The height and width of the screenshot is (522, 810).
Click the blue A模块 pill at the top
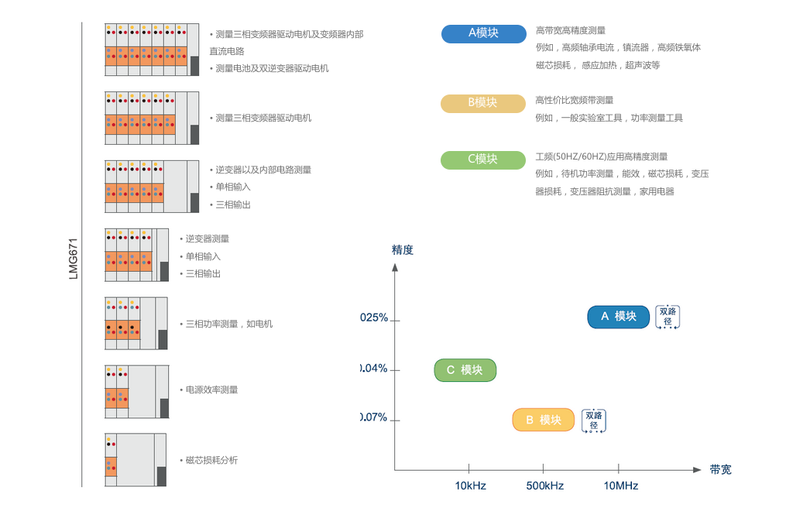(483, 33)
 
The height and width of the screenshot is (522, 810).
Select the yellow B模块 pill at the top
(482, 103)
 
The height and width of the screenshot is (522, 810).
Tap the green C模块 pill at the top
(482, 160)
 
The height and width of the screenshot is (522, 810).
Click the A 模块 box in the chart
(618, 316)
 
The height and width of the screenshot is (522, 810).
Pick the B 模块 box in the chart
(543, 420)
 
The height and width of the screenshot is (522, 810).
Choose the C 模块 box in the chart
(465, 370)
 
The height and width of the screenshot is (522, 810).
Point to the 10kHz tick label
(470, 486)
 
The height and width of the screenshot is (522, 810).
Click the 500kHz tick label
(544, 486)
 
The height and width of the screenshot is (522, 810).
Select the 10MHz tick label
(620, 486)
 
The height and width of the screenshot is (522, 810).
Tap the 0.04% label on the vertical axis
(374, 369)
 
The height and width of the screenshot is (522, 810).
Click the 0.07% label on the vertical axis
(374, 417)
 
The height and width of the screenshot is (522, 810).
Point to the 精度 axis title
(403, 249)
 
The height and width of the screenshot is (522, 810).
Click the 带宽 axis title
(720, 469)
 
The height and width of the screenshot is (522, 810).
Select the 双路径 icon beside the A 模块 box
(668, 317)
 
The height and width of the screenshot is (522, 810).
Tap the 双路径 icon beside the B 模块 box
(594, 421)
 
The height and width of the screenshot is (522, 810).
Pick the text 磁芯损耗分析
(211, 460)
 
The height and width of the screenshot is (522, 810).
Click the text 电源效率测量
(211, 390)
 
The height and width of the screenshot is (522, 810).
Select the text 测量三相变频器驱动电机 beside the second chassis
(263, 118)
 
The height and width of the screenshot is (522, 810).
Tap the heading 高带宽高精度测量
(571, 30)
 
